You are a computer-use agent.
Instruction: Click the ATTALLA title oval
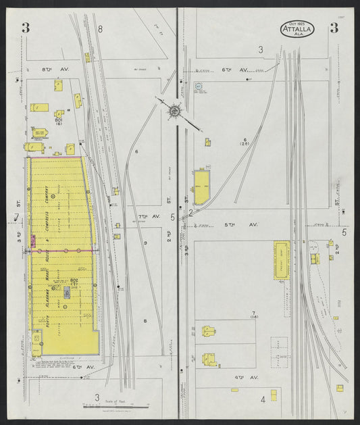point(297,28)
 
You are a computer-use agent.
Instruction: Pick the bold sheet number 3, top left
point(25,28)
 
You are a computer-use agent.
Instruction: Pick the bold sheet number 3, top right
point(334,28)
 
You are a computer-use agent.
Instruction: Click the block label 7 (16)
point(254,314)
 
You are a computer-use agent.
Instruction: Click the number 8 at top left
point(100,28)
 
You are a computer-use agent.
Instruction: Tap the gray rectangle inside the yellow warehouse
point(67,291)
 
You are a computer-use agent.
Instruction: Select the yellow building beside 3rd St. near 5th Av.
point(201,188)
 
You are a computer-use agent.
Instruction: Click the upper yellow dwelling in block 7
point(209,331)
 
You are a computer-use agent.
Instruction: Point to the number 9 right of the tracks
point(145,242)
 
